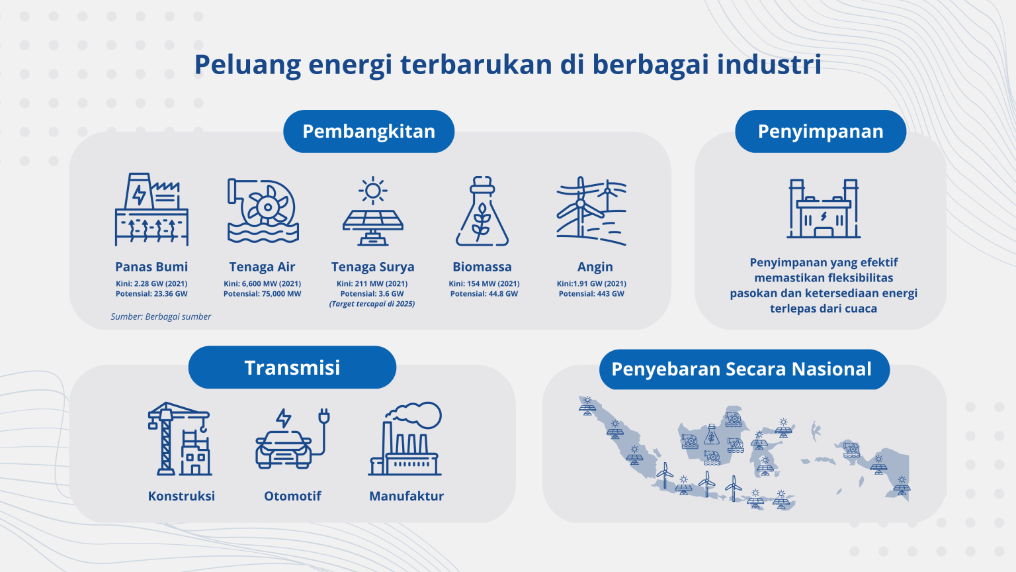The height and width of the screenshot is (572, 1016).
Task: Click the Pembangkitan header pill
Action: tap(368, 131)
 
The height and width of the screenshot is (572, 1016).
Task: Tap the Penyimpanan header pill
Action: tap(820, 131)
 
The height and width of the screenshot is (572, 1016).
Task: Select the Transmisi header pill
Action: tap(292, 367)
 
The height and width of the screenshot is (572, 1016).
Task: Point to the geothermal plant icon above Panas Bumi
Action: tap(151, 210)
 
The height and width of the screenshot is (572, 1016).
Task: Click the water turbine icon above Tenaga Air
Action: tap(263, 211)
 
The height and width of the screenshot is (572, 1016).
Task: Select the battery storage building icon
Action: tap(824, 209)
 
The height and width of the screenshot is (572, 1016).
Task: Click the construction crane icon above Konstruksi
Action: tap(179, 439)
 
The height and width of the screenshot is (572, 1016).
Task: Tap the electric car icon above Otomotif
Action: tap(292, 439)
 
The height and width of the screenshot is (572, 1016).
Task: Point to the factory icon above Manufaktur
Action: tap(405, 439)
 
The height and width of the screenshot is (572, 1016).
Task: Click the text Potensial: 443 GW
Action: tap(591, 294)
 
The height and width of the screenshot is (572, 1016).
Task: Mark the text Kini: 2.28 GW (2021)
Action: tap(151, 283)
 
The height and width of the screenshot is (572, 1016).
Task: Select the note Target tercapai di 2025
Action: tap(372, 304)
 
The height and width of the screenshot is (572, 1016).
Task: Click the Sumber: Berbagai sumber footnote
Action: tap(161, 316)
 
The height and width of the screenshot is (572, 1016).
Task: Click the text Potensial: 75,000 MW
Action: tap(262, 294)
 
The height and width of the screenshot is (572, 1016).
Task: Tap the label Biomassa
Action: tap(482, 267)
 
